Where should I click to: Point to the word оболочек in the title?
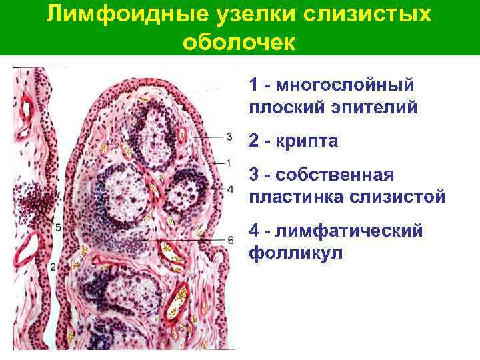pyautogui.click(x=238, y=41)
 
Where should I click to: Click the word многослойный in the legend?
pyautogui.click(x=345, y=85)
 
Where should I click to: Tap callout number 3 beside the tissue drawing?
pyautogui.click(x=230, y=136)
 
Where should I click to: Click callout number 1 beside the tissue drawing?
pyautogui.click(x=229, y=162)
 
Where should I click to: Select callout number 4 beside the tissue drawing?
pyautogui.click(x=230, y=189)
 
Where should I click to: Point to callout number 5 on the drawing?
pyautogui.click(x=58, y=228)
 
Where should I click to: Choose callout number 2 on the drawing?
pyautogui.click(x=51, y=267)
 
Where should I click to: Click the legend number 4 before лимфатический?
pyautogui.click(x=254, y=231)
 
